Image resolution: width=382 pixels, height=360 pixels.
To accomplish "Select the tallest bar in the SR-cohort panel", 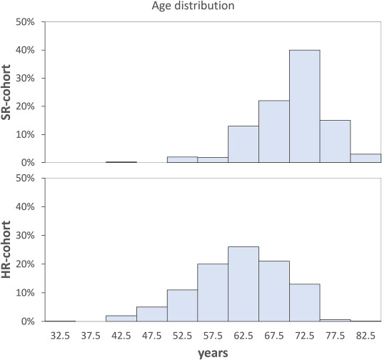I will [x=304, y=106].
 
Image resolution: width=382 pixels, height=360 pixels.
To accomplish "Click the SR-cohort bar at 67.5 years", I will [x=273, y=131].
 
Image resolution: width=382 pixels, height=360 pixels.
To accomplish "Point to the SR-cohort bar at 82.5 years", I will [x=366, y=159].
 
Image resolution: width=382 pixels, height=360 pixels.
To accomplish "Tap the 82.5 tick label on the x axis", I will [x=366, y=334].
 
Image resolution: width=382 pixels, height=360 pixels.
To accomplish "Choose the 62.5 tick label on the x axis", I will [x=243, y=334].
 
